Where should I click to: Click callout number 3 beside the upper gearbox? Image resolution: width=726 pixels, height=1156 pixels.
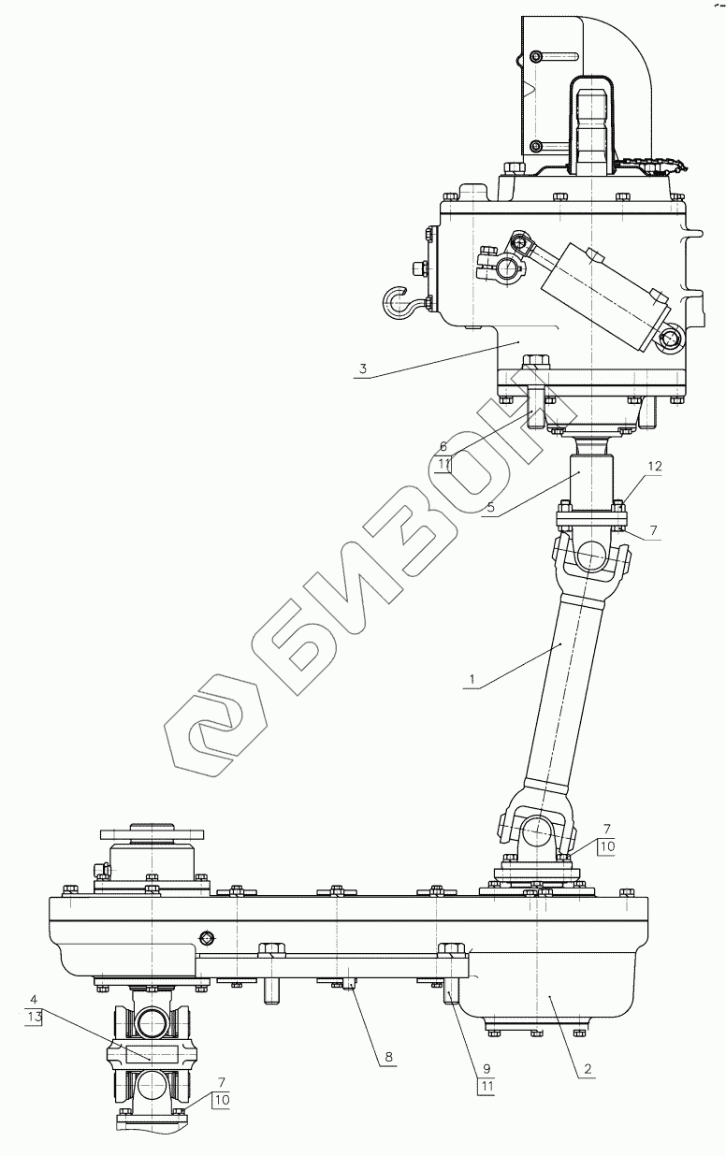[363, 369]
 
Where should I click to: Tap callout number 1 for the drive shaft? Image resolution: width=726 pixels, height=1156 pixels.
[471, 679]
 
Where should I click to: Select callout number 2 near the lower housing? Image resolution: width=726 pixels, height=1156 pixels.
[588, 1068]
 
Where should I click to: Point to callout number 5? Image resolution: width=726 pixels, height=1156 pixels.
[490, 507]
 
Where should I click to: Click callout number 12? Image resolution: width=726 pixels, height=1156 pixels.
[655, 466]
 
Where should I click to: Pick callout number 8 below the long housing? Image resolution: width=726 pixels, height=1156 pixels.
[388, 1057]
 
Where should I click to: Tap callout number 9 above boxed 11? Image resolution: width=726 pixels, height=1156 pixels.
[486, 1069]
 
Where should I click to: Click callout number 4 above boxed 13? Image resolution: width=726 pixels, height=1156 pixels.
[34, 999]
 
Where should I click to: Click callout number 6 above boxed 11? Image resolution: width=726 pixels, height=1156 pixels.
[443, 446]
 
